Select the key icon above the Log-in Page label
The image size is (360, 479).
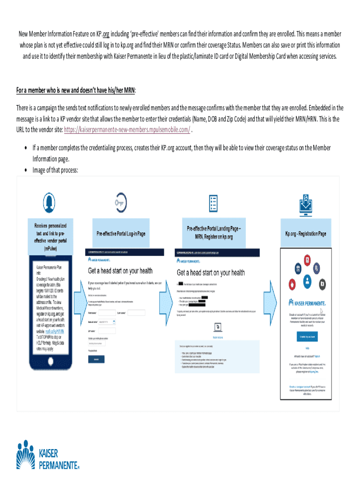coord(121,202)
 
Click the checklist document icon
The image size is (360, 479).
coord(214,203)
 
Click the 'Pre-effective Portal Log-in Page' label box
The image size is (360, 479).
coord(121,233)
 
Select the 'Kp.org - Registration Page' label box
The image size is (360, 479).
coord(306,233)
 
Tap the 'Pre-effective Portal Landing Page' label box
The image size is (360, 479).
coord(214,233)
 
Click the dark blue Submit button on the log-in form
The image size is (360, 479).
coord(96,359)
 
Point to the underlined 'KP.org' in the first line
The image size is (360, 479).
coord(105,34)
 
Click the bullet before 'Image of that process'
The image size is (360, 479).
coord(25,170)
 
